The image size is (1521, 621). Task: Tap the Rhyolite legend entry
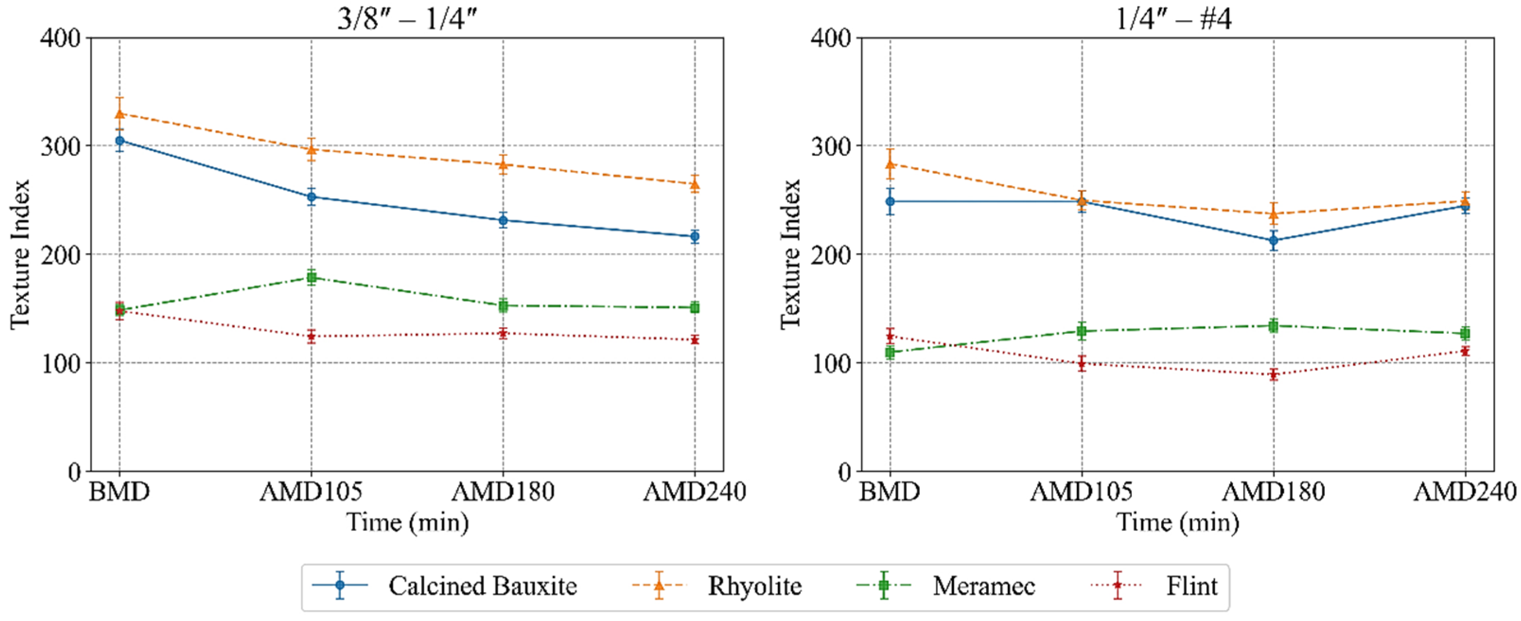pos(717,586)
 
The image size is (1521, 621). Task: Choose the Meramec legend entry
pos(946,586)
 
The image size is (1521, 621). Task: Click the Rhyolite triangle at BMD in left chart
pos(119,114)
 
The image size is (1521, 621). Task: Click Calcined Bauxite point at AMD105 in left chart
pos(311,197)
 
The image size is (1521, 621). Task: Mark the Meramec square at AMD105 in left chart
pos(311,278)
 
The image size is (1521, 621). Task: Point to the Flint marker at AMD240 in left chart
pos(694,340)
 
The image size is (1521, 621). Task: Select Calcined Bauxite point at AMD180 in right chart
pos(1274,240)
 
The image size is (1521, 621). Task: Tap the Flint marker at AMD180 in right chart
pos(1274,374)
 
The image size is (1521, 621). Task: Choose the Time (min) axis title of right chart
pos(1177,523)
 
